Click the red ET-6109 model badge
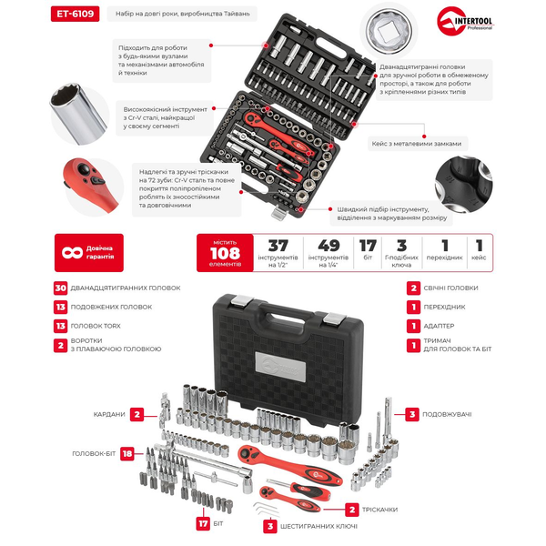coord(75,14)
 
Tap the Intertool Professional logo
coord(465,21)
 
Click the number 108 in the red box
coord(225,253)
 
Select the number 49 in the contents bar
coord(329,246)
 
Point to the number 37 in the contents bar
coord(278,246)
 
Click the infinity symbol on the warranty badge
coord(73,252)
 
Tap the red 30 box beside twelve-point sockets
coord(61,288)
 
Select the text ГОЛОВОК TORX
coord(96,326)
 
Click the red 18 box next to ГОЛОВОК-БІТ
coord(127,453)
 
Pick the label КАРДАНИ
coord(109,414)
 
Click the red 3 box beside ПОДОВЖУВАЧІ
coord(412,414)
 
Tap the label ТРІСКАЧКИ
coord(379,510)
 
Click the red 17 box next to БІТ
coord(203,524)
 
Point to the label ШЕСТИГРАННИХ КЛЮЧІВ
coord(318,527)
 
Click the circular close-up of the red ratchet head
coord(94,187)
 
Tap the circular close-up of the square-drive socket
coord(389,31)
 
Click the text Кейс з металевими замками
coord(417,144)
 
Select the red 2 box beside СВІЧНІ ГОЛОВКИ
coord(413,288)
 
